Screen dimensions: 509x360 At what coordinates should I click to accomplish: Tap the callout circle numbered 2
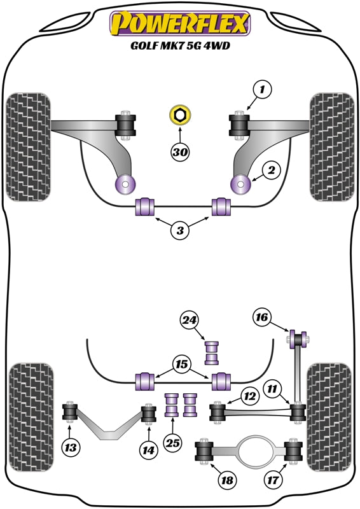271,170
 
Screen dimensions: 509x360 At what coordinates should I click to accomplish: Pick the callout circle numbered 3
180,232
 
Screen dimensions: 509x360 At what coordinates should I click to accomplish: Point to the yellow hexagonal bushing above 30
180,116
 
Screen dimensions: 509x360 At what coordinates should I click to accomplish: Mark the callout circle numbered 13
71,449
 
